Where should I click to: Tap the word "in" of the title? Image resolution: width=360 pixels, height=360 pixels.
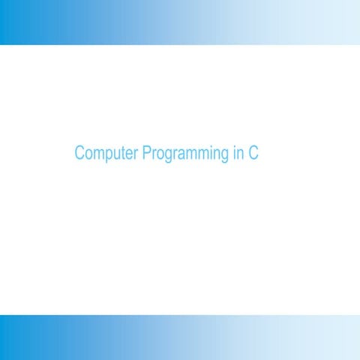point(238,154)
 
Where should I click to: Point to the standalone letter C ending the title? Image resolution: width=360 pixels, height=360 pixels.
point(253,154)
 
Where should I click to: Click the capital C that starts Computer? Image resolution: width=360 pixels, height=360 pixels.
point(79,154)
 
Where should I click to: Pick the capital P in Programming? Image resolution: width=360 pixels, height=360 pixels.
point(146,154)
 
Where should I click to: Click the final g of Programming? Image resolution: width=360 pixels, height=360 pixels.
point(223,156)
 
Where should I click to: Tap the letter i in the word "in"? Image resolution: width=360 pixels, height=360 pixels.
point(234,154)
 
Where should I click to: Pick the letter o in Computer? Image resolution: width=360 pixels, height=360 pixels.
point(88,154)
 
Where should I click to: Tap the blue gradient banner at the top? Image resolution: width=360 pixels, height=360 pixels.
point(180,22)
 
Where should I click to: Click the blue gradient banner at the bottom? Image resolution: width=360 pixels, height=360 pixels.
point(180,337)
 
